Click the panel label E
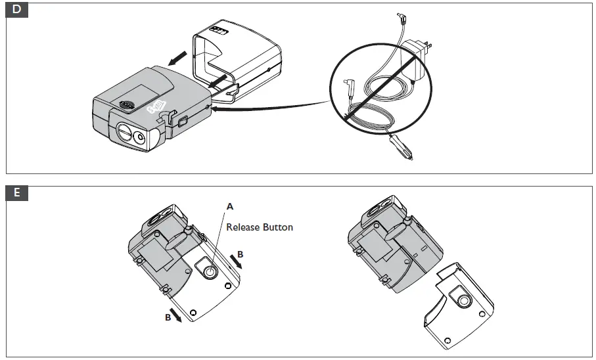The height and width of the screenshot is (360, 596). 16,192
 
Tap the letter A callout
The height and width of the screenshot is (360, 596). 230,206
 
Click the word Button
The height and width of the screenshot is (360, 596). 278,227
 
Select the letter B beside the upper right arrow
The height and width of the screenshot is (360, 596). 241,252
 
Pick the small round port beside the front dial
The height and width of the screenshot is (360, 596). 140,137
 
